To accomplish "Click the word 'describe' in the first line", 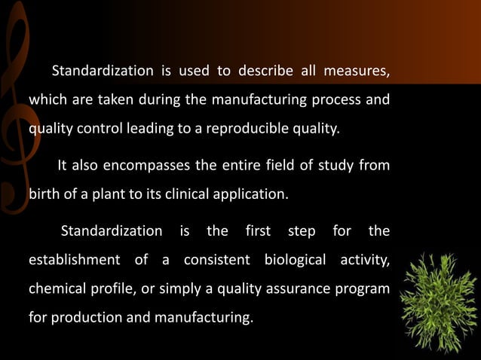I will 265,72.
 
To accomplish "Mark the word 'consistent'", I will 216,261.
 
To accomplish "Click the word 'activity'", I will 364,261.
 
